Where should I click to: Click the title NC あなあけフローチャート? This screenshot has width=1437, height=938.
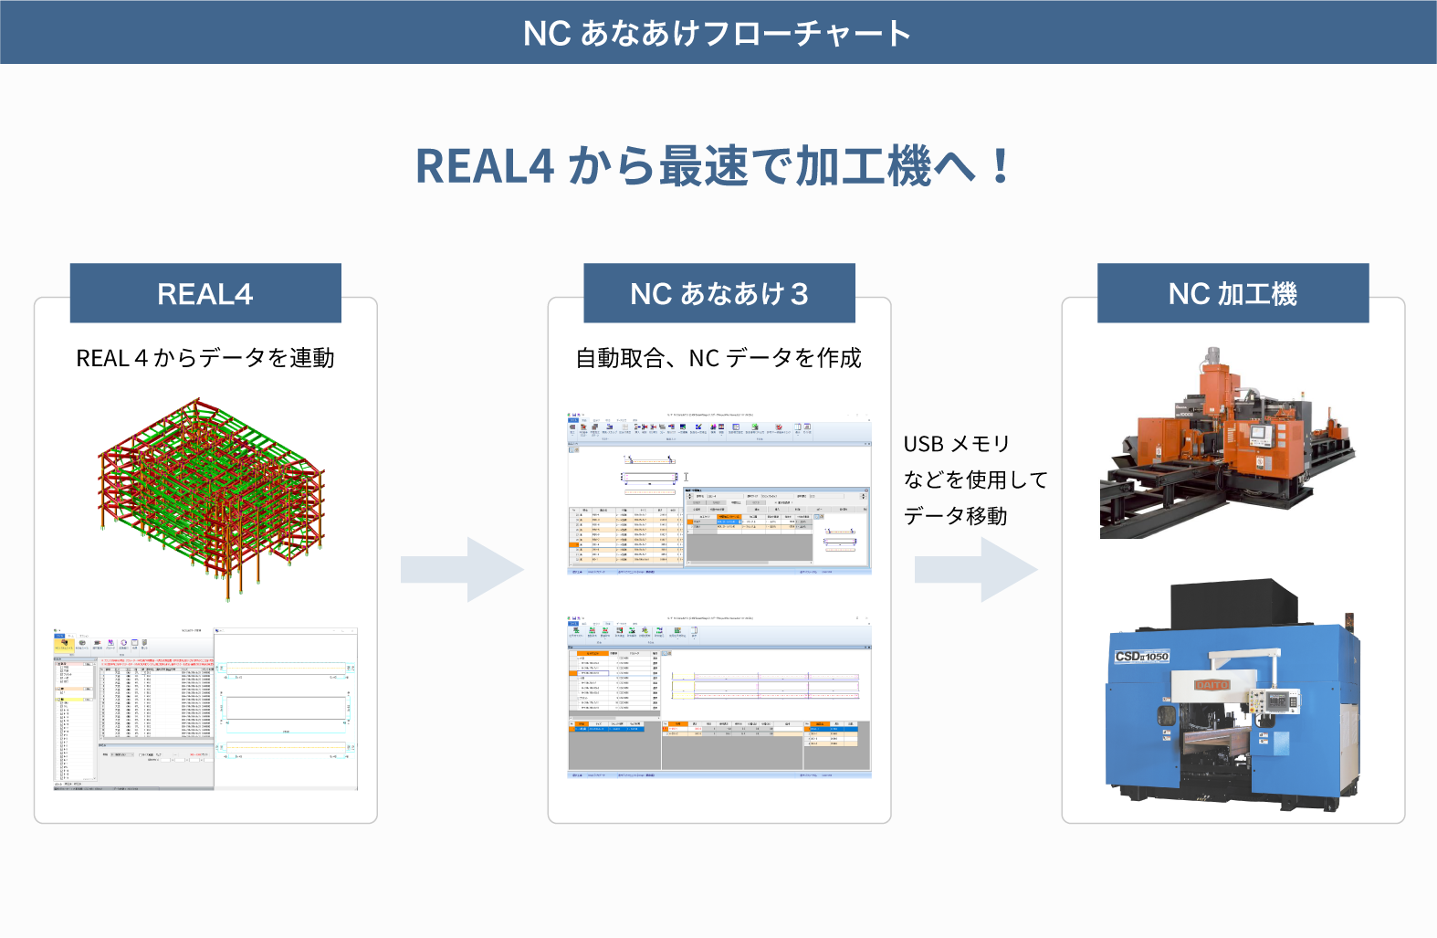(x=718, y=33)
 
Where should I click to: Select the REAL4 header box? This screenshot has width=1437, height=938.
(x=205, y=293)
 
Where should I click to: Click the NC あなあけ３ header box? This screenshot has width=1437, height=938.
(x=719, y=293)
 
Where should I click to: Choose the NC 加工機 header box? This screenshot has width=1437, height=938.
(x=1232, y=293)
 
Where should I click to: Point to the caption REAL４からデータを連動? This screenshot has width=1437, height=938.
(x=205, y=358)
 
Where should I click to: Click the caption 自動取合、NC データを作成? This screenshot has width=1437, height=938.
(x=718, y=358)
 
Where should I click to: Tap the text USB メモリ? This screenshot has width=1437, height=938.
(x=956, y=444)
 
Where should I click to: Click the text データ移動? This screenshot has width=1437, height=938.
(x=955, y=516)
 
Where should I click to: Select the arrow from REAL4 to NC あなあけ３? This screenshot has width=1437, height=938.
(x=462, y=570)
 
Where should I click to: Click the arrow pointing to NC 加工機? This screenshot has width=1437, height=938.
(x=976, y=570)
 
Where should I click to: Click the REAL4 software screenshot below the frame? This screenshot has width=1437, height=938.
(x=205, y=708)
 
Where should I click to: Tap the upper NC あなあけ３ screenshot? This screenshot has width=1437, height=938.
(x=719, y=493)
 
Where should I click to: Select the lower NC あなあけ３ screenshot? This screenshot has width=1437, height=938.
(x=719, y=697)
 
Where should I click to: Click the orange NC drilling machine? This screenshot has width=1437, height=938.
(x=1228, y=443)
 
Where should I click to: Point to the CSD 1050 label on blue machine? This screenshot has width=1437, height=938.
(x=1141, y=657)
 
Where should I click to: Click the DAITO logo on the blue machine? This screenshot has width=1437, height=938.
(x=1212, y=684)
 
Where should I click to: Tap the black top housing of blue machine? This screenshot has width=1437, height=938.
(x=1232, y=603)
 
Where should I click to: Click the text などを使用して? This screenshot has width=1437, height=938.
(x=975, y=480)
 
